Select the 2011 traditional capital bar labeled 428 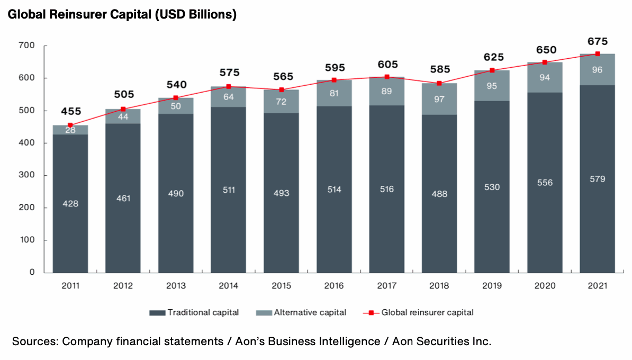pos(70,203)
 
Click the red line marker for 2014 pos(229,86)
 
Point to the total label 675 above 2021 pos(598,41)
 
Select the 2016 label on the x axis pos(334,286)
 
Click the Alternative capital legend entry pos(310,312)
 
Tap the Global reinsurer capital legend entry pos(427,312)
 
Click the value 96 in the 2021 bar pos(598,69)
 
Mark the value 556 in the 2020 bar pos(545,183)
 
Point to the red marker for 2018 pos(439,83)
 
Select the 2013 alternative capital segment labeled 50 pos(176,106)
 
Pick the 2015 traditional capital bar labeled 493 pos(281,193)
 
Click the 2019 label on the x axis pos(492,286)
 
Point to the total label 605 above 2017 pos(387,64)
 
